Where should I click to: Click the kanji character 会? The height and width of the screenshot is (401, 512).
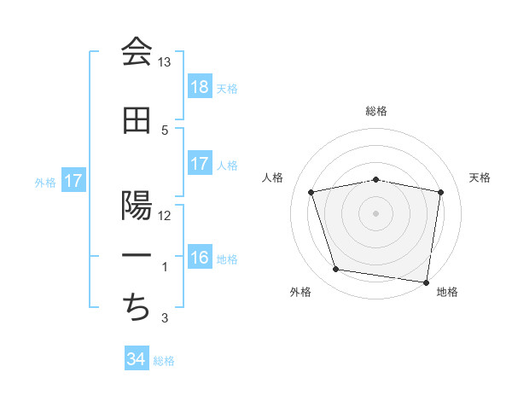click(137, 53)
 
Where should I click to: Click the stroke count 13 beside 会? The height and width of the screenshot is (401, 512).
click(165, 62)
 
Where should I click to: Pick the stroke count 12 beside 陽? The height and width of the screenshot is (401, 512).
click(165, 216)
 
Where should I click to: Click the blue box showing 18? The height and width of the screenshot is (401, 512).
click(200, 87)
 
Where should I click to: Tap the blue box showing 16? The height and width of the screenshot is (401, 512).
click(200, 259)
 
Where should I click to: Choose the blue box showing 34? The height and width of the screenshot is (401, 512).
click(137, 359)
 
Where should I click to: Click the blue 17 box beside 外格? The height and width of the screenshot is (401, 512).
click(73, 181)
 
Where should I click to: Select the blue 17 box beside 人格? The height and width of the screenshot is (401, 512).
click(200, 164)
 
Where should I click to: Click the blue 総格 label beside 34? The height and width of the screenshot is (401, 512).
click(164, 361)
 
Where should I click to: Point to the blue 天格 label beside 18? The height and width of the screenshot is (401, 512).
click(227, 88)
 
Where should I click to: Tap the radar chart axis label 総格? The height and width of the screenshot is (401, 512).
click(376, 111)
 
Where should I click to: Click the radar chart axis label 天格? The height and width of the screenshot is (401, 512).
click(480, 177)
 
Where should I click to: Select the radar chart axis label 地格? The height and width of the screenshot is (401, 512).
click(447, 292)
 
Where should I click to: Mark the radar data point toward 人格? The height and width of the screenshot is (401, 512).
click(311, 192)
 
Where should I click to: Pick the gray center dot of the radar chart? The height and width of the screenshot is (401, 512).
click(376, 213)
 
